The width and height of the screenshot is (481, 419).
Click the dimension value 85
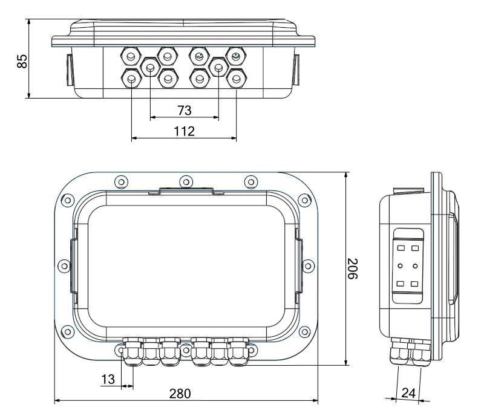point(21,61)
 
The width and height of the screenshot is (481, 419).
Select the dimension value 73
point(185,110)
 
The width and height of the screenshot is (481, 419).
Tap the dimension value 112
point(184,131)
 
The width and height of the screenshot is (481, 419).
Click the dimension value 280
point(180,393)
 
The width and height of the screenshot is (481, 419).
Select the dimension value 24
point(409,393)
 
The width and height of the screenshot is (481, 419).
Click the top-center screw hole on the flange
point(185,180)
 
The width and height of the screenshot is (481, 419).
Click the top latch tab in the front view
point(185,192)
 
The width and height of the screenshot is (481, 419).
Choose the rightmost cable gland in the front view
point(238,356)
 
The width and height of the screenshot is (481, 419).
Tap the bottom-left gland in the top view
point(131,78)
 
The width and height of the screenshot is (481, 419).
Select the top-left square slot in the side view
point(400,247)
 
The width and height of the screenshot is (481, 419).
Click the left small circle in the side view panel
point(400,265)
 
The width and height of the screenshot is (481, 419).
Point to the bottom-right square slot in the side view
point(414,282)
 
